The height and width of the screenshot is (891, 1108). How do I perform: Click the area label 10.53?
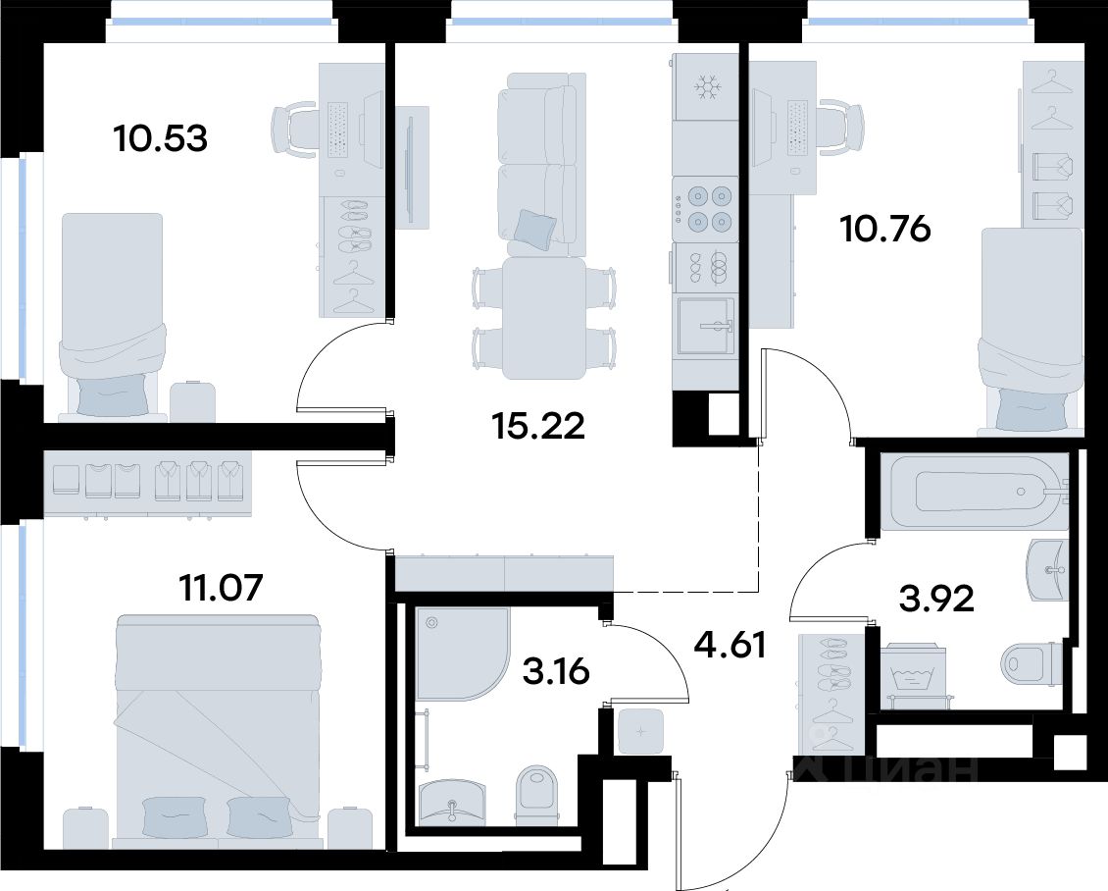tap(161, 138)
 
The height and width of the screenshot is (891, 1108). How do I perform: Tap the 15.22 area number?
tap(538, 426)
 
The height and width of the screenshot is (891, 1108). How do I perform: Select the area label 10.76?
tap(885, 229)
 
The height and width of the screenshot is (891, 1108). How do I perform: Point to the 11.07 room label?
tap(222, 588)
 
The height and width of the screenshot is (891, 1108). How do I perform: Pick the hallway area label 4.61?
tap(730, 645)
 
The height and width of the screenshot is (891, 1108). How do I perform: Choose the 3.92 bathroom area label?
tap(936, 599)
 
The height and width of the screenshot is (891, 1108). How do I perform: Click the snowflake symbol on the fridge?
tap(705, 87)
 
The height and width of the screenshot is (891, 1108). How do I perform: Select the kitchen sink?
tap(706, 326)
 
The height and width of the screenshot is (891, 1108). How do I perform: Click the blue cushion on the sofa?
tap(535, 229)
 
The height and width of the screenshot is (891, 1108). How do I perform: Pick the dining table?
tap(543, 318)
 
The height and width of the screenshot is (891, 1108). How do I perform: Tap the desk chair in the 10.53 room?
tap(295, 131)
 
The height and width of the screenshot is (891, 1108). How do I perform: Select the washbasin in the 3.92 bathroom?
tap(1046, 568)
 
